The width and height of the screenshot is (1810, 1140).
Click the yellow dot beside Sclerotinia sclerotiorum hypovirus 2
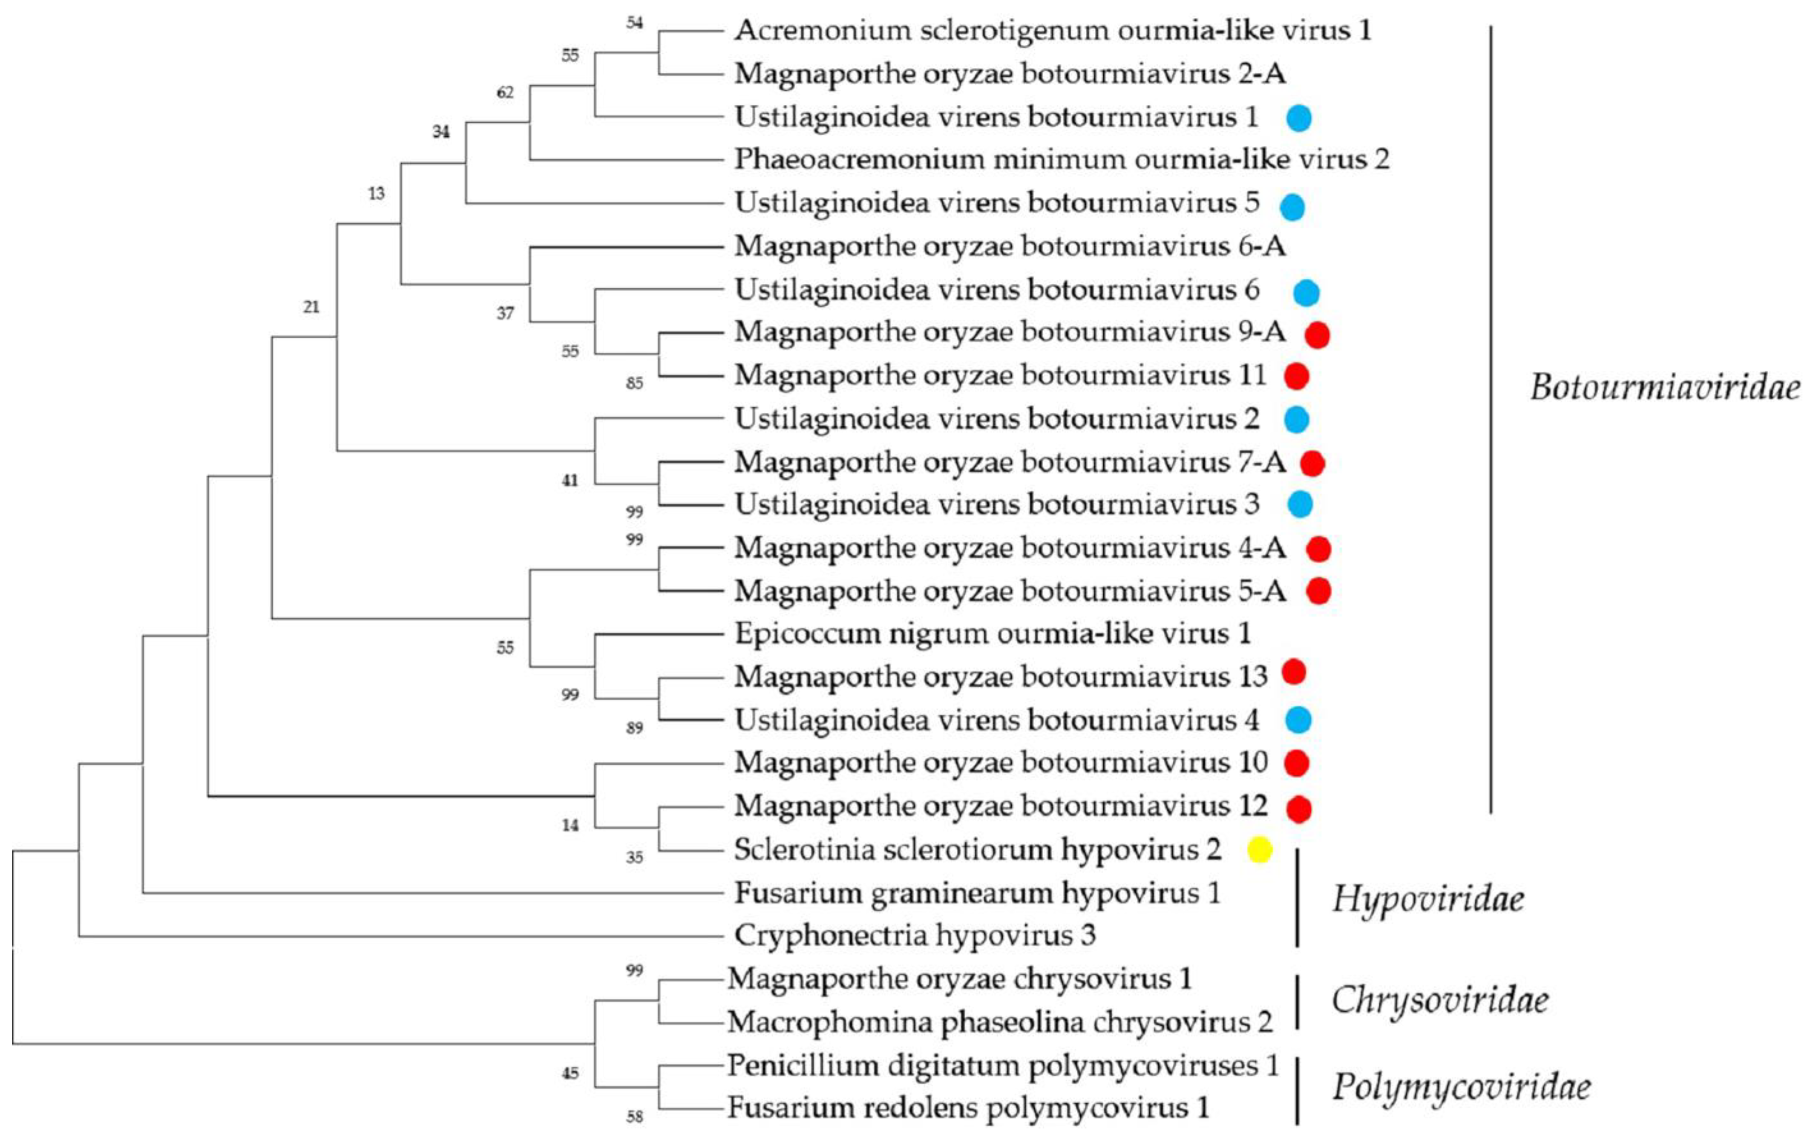(x=1260, y=849)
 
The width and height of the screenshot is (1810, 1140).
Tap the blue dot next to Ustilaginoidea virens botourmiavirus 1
(x=1299, y=118)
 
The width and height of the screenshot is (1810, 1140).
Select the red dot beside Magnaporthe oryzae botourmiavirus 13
(x=1294, y=672)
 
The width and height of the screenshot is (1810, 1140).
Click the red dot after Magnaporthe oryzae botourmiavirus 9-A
(x=1317, y=334)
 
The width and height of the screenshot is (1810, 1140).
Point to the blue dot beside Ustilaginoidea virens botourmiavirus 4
(x=1298, y=720)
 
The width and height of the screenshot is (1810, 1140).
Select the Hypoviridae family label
(x=1428, y=899)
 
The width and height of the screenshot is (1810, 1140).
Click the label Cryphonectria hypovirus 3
(x=915, y=936)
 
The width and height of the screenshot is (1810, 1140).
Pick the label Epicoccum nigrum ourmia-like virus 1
(x=992, y=633)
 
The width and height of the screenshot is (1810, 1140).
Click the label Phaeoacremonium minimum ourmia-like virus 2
(x=1062, y=159)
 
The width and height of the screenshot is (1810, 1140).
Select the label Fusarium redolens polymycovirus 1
(x=968, y=1108)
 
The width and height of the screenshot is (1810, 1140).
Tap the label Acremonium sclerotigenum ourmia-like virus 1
(x=1052, y=31)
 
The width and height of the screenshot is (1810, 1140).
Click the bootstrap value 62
(x=505, y=92)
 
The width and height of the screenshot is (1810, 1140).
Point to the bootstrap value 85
(x=634, y=383)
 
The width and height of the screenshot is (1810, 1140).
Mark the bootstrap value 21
(x=311, y=307)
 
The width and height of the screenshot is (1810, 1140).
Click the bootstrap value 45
(x=570, y=1073)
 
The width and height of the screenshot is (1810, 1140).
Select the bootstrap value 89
(x=634, y=728)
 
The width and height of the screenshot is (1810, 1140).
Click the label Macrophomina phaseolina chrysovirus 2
(x=1000, y=1022)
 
